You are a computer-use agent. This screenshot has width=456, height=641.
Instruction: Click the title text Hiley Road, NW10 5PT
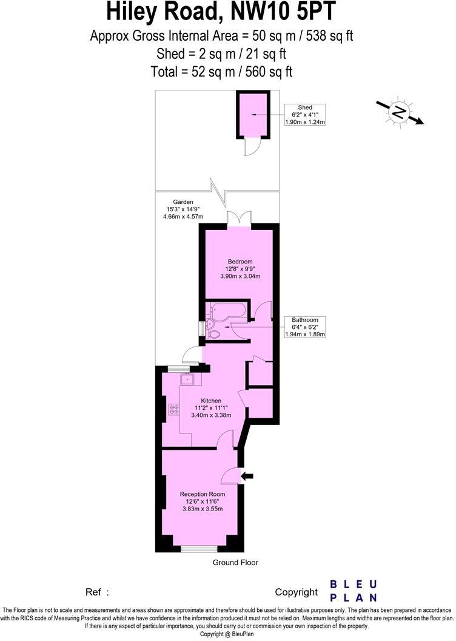pos(221,12)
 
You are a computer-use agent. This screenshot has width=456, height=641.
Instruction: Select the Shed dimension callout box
pos(305,114)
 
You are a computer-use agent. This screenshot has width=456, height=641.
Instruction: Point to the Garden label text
pos(183,202)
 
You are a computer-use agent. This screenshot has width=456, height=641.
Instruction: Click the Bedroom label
pos(240,261)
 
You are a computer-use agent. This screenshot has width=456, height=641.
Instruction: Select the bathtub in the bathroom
pos(226,311)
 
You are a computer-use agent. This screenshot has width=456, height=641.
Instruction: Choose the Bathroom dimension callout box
pos(305,327)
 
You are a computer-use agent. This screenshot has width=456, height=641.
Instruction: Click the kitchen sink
pos(189,379)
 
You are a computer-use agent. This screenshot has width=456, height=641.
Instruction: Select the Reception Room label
pos(203,494)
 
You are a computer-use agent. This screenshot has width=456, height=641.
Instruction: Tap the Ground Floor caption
pos(235,563)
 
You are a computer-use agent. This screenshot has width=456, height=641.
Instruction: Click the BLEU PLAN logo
pos(353,591)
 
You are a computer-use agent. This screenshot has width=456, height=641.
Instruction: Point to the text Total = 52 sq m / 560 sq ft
pos(221,72)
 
